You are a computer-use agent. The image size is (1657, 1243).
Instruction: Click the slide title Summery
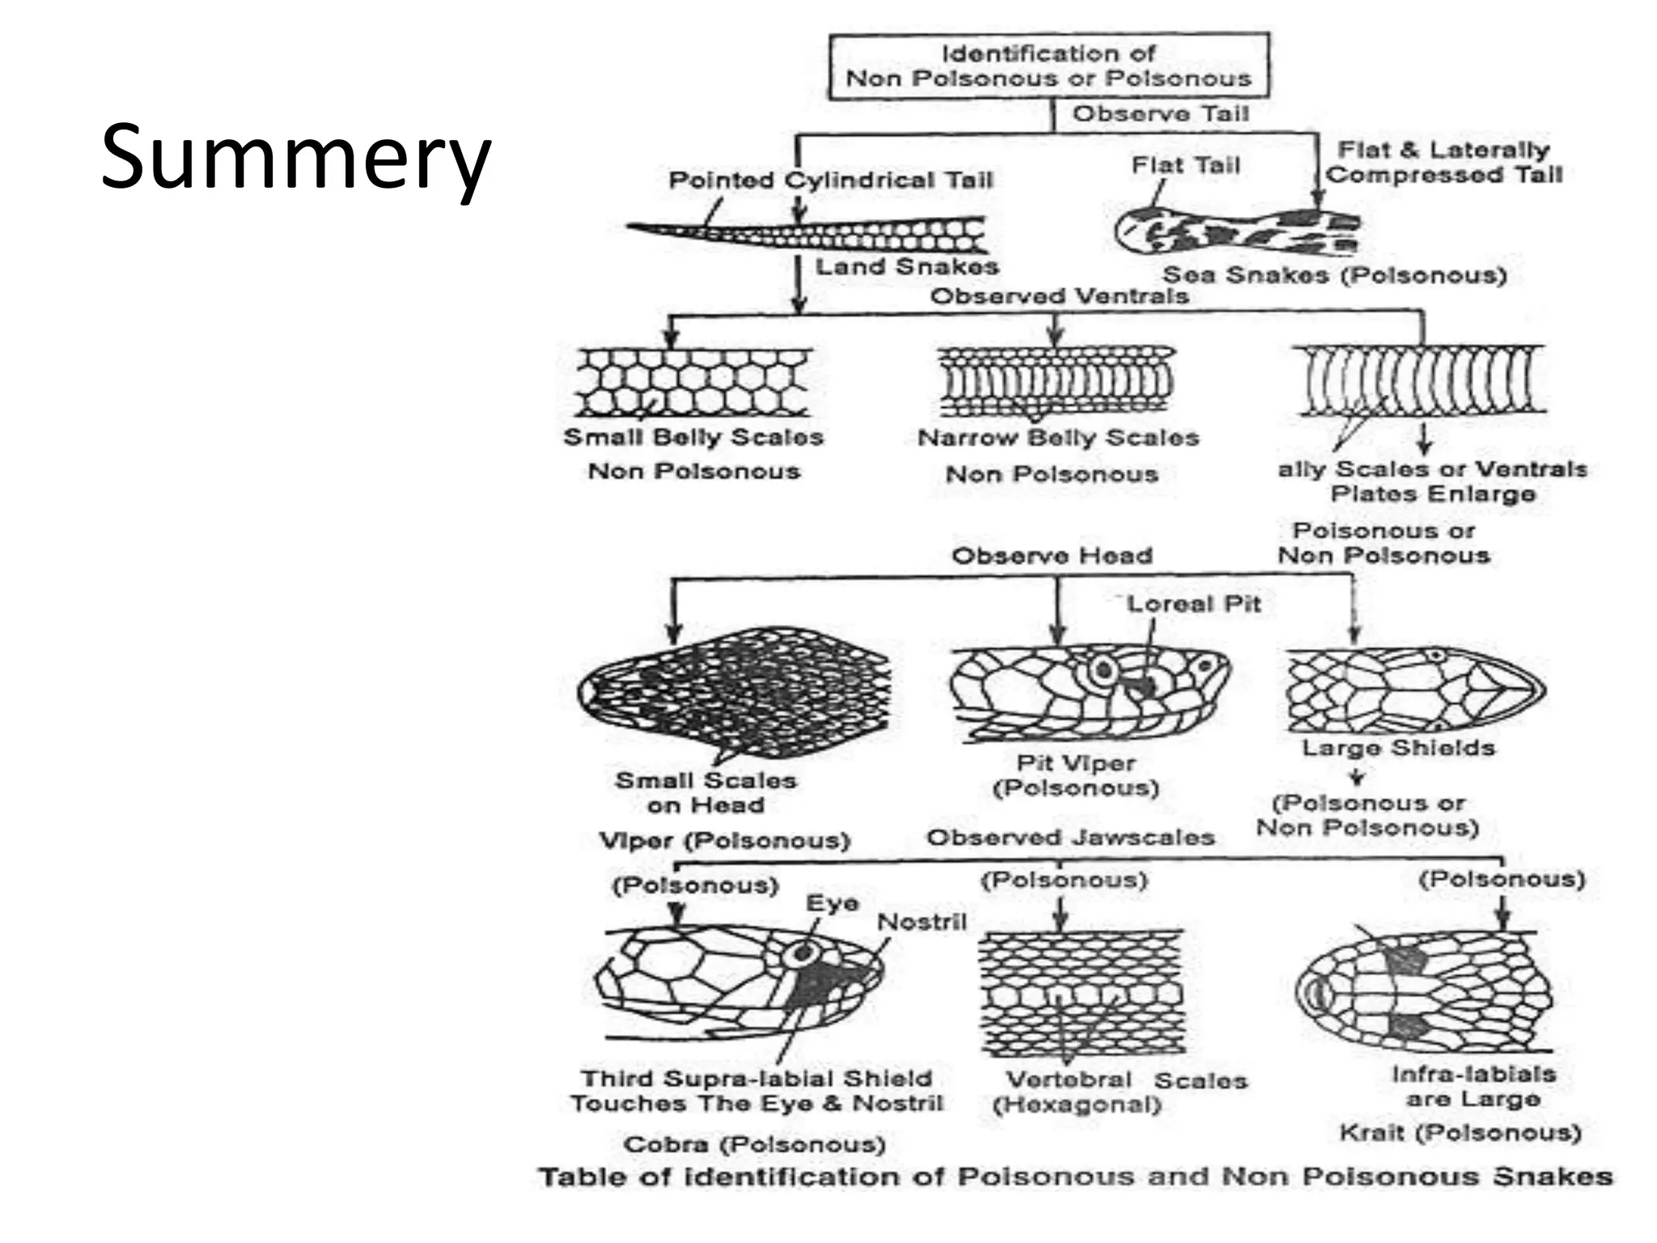(x=295, y=158)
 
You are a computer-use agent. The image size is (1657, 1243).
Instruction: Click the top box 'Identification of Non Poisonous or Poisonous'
(x=1049, y=66)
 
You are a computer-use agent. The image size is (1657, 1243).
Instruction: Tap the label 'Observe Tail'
(x=1160, y=114)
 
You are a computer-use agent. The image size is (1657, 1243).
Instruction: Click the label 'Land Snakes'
(x=906, y=266)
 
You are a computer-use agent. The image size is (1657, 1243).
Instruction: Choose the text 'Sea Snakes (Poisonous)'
(x=1334, y=275)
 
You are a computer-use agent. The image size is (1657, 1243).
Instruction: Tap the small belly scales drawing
(x=693, y=383)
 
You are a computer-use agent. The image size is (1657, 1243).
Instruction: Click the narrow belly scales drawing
(x=1055, y=381)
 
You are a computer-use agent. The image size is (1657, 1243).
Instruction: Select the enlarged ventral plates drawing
(x=1419, y=380)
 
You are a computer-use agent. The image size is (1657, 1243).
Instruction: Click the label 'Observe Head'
(x=1052, y=556)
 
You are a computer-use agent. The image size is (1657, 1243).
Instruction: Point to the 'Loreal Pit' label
(x=1193, y=604)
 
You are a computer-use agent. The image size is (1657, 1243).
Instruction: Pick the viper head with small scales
(x=733, y=693)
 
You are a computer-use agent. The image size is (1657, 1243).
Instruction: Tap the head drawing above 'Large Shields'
(x=1414, y=689)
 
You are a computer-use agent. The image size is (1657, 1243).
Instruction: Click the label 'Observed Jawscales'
(x=1070, y=838)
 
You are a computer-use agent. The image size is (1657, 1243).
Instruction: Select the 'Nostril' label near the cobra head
(x=922, y=922)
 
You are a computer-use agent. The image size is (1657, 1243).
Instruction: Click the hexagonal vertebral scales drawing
(x=1081, y=993)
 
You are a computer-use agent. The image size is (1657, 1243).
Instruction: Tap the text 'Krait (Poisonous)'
(x=1460, y=1132)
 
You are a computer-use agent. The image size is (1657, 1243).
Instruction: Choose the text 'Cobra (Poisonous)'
(x=754, y=1144)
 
